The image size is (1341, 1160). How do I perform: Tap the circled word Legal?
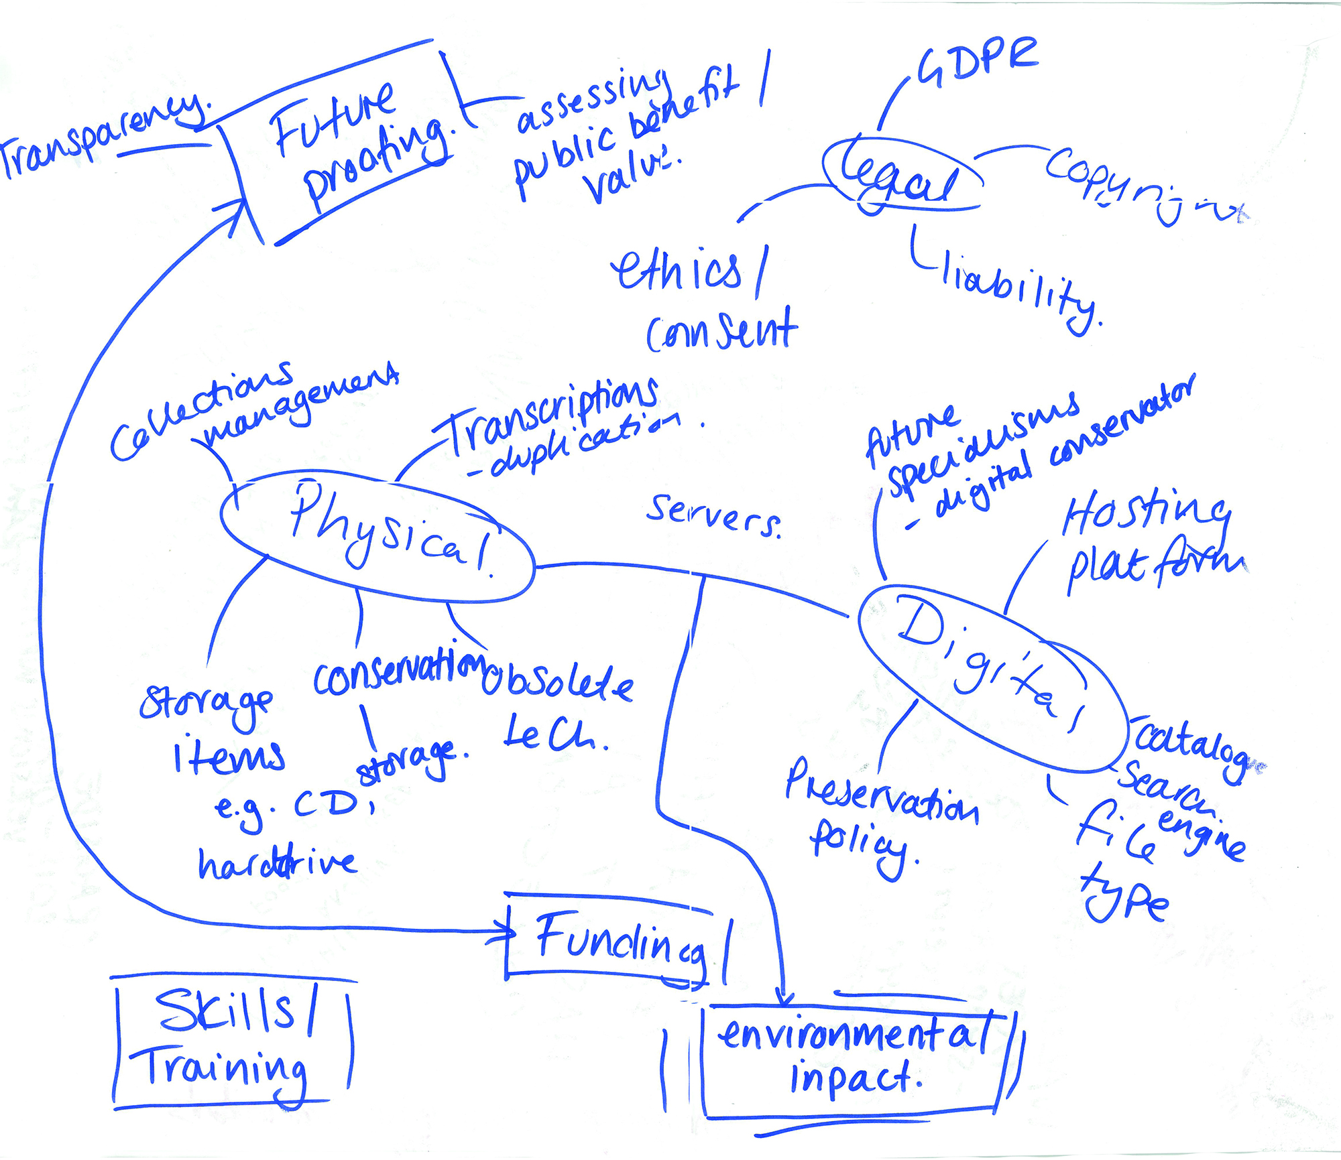[x=902, y=176]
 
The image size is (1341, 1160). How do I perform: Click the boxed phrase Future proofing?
[x=355, y=144]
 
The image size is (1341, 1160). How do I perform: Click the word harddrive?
[x=277, y=863]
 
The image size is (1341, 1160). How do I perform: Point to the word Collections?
[x=201, y=412]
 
